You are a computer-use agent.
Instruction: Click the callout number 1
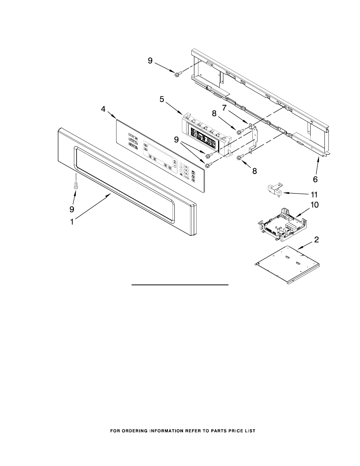click(x=72, y=222)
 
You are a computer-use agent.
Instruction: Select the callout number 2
click(x=317, y=240)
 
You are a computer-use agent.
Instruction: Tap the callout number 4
click(x=103, y=109)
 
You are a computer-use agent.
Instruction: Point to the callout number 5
click(x=162, y=99)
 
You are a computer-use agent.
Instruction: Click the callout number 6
click(x=315, y=179)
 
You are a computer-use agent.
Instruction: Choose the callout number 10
click(x=314, y=205)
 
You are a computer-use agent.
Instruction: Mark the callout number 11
click(x=314, y=195)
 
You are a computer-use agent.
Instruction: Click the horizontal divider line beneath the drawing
click(x=180, y=286)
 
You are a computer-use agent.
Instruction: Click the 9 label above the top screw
click(x=150, y=60)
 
